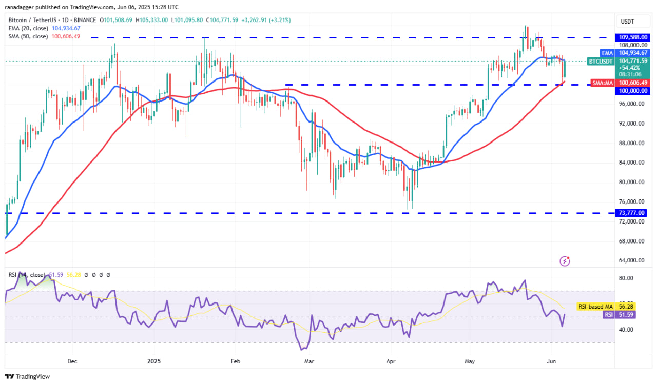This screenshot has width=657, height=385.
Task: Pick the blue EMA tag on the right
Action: point(607,53)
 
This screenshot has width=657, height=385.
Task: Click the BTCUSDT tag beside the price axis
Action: point(601,60)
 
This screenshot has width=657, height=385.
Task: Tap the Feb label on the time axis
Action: point(235,361)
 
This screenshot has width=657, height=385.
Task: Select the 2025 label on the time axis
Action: point(154,361)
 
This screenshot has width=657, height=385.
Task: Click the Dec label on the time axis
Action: point(72,361)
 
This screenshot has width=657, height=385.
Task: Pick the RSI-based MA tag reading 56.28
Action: point(634,306)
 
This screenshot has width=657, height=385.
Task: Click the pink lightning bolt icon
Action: point(565,261)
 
